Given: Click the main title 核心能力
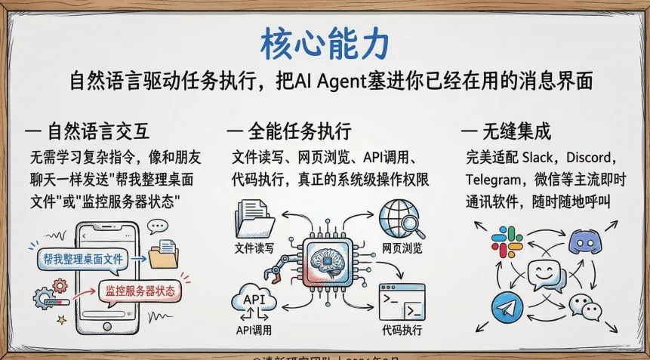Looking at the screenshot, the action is tap(325, 43).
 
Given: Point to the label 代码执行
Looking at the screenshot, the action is tap(402, 330).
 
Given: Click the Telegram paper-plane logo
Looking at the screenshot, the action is tap(507, 308).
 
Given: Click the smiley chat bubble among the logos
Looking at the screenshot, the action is tap(547, 274).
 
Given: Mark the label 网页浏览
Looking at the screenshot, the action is tap(402, 248).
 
